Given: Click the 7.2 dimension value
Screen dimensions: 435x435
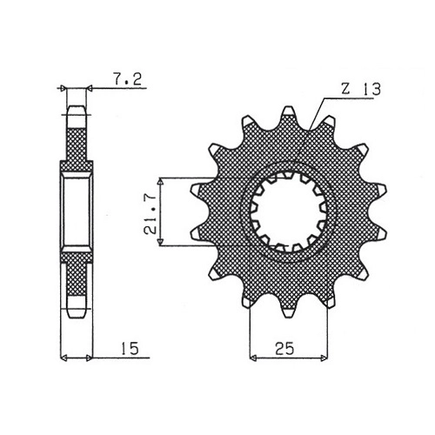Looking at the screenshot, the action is tap(127, 79).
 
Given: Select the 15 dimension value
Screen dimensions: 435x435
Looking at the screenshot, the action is tap(130, 349).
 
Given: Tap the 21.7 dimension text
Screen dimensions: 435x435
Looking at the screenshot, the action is tap(151, 213).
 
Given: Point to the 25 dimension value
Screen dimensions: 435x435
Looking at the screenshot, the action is tap(284, 349).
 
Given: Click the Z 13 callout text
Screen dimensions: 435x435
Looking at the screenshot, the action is tap(360, 89).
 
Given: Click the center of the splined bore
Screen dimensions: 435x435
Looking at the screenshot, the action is tap(288, 211).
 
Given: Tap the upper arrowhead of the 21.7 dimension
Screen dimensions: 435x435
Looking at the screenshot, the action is tap(160, 181).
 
